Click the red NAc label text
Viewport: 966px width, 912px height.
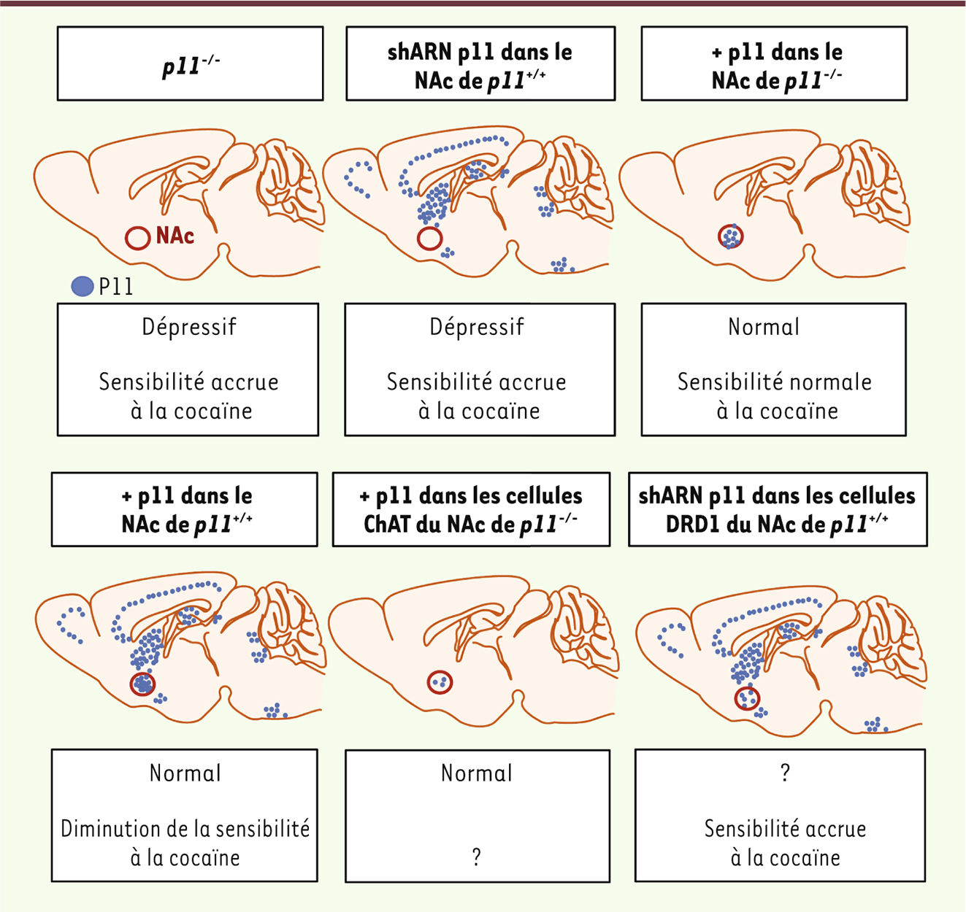[x=175, y=236]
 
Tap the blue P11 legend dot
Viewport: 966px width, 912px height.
[x=83, y=286]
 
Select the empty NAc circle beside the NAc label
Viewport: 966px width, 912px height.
[x=138, y=238]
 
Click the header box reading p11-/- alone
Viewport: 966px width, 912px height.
[x=190, y=63]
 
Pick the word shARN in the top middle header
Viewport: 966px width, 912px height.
[x=419, y=52]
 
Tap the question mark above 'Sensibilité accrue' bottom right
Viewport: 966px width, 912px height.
[x=785, y=773]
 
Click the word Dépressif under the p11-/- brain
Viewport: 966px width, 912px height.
[x=189, y=327]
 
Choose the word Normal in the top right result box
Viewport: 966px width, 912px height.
[x=764, y=327]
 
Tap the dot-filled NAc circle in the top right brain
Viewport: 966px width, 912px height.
[x=731, y=236]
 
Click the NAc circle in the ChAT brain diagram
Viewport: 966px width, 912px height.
[x=440, y=682]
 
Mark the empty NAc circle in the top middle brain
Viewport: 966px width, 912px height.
[x=429, y=238]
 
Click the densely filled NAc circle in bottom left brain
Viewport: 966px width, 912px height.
[x=142, y=684]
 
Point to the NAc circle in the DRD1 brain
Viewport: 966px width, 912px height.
[x=747, y=697]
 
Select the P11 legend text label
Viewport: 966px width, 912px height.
[x=116, y=287]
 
